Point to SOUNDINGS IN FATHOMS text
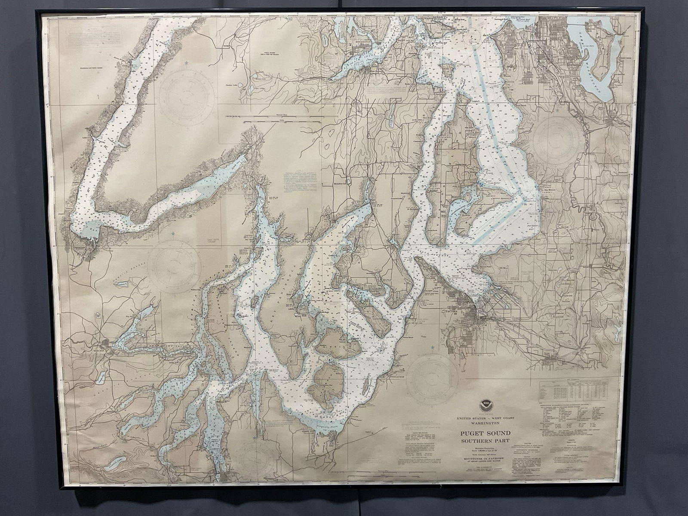pos(486,459)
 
